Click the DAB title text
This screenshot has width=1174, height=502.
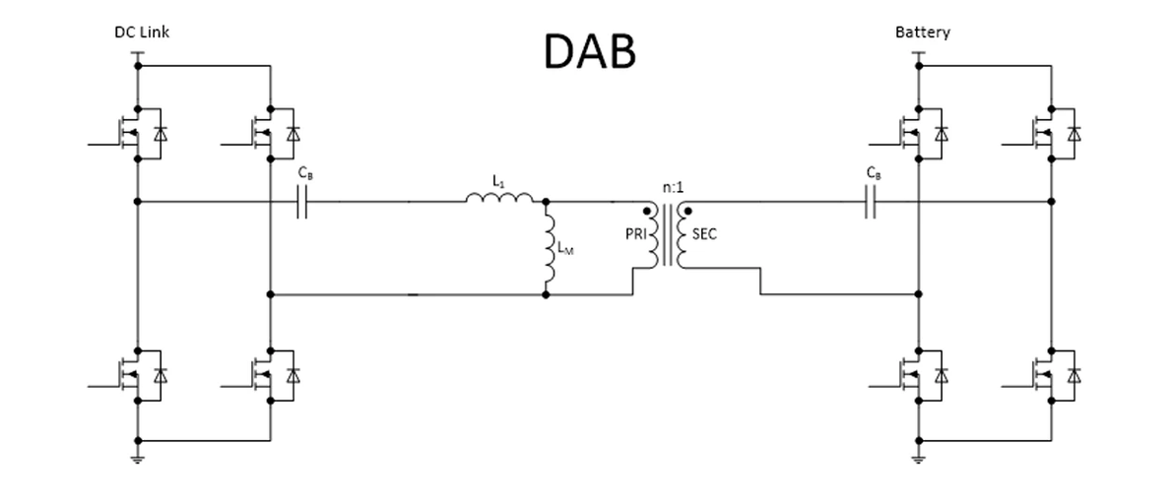pos(589,52)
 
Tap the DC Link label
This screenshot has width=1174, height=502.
pos(142,32)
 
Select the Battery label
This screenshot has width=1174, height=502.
pos(923,32)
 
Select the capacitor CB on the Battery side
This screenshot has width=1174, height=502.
pos(870,203)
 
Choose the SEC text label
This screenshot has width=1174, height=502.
pos(704,233)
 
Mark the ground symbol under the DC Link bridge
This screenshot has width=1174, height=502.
pos(138,458)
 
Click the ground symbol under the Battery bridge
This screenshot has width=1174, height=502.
pos(918,458)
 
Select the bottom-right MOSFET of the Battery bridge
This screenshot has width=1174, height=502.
pos(1044,374)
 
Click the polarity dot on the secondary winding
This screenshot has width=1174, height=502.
pos(687,210)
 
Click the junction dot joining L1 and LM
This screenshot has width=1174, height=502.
pos(546,202)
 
